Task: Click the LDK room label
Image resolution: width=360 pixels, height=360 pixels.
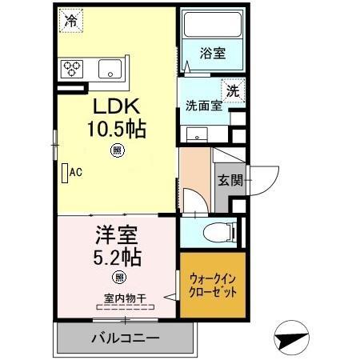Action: (x=116, y=106)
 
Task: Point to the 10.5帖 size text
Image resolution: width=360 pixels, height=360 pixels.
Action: (x=117, y=128)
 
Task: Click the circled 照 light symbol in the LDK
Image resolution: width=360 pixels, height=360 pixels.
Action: (x=117, y=150)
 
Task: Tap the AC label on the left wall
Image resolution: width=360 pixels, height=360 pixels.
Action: (x=76, y=171)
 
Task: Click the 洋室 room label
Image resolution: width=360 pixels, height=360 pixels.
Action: (x=116, y=238)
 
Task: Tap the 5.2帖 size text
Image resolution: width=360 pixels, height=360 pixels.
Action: (x=116, y=258)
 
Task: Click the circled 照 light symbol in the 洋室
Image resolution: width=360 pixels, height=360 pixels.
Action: (x=118, y=278)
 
